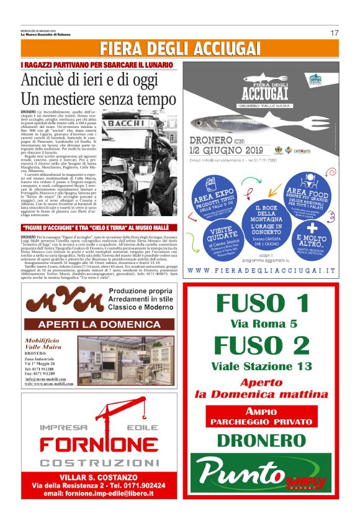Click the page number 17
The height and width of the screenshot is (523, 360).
(x=334, y=33)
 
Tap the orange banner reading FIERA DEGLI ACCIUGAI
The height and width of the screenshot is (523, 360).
(x=180, y=49)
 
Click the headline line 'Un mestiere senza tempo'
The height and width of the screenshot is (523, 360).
(x=89, y=99)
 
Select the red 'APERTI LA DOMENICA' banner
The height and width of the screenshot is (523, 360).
(x=99, y=324)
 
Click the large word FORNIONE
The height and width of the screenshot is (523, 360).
(x=99, y=446)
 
